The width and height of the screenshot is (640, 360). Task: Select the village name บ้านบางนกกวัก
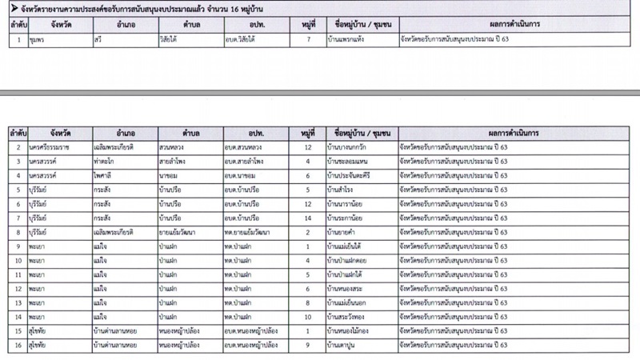(x=349, y=148)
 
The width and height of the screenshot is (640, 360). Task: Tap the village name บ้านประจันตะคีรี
(x=353, y=175)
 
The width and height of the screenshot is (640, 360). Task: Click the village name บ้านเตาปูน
(x=343, y=344)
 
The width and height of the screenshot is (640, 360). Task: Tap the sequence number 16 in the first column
(x=17, y=344)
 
